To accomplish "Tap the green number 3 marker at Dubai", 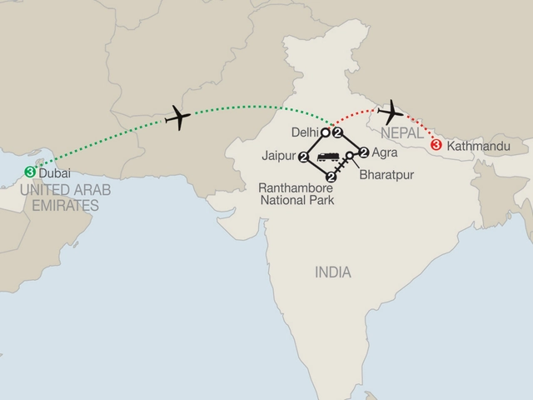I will click(30, 172).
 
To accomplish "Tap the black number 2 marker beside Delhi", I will click(337, 132).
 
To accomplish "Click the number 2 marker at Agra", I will click(363, 152).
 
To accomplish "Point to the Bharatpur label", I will click(385, 176).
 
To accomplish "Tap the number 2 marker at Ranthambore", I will click(331, 177).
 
